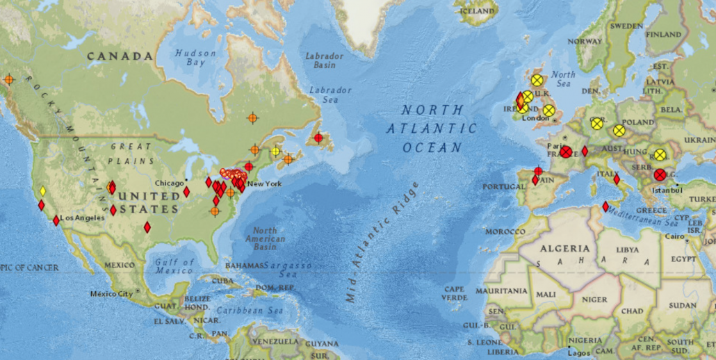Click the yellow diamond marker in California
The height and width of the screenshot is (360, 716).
click(42, 191)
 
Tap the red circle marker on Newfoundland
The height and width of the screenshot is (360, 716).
click(318, 138)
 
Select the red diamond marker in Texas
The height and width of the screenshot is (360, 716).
click(147, 227)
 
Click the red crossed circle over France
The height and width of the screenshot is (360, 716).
click(566, 152)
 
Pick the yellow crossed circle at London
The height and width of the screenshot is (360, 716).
click(548, 111)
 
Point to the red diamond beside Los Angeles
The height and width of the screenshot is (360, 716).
click(56, 220)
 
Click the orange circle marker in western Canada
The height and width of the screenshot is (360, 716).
click(8, 80)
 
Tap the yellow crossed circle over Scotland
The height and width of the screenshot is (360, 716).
click(537, 81)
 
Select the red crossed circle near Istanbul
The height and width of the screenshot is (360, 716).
click(660, 175)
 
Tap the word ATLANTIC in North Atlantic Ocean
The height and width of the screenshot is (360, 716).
click(432, 129)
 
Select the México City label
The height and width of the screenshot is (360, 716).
click(111, 294)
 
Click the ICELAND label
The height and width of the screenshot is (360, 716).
click(477, 12)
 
